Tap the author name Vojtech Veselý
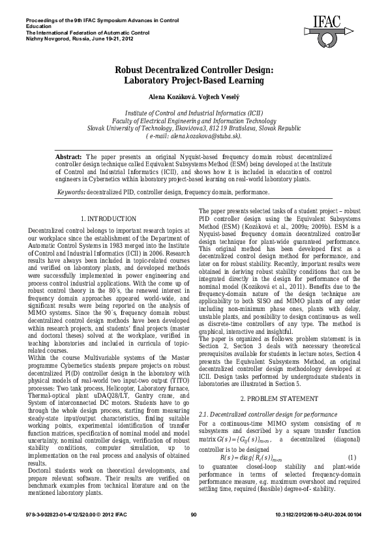(x=217, y=96)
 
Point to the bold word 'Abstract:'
(x=69, y=157)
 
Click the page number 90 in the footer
(x=194, y=533)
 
